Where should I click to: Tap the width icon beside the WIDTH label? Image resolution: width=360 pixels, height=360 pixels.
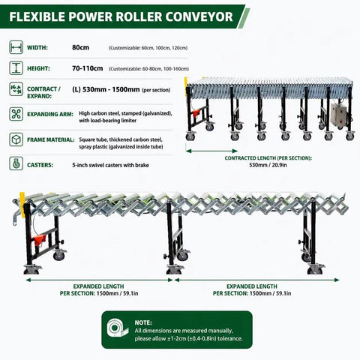tap(16, 47)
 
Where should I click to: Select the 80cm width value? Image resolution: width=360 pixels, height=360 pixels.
tap(80, 47)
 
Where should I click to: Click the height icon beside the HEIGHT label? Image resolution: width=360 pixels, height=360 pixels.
tap(16, 68)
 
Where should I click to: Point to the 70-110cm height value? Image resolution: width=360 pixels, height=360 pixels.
tap(88, 68)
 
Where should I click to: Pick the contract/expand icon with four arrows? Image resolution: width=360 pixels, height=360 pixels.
tap(16, 89)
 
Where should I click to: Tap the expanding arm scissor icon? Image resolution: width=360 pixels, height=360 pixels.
tap(16, 114)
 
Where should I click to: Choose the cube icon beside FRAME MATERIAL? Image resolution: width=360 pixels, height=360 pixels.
tap(16, 139)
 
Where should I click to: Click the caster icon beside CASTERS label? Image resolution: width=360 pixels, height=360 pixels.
tap(16, 163)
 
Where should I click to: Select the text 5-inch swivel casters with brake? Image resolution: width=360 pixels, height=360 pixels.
tap(110, 165)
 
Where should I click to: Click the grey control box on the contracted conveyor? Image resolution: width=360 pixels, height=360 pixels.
tap(339, 115)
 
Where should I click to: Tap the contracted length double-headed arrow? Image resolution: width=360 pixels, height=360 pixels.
tap(211, 151)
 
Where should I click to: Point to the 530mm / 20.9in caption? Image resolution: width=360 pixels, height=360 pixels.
tap(268, 165)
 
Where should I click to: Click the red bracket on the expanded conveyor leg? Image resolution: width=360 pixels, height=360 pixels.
tap(40, 240)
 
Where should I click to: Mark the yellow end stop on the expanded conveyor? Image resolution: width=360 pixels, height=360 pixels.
tap(22, 205)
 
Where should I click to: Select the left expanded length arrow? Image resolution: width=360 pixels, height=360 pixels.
tap(99, 280)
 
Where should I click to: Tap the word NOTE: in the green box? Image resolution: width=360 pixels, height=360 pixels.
tap(143, 322)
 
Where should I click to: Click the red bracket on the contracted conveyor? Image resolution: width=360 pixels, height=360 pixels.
tap(196, 113)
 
